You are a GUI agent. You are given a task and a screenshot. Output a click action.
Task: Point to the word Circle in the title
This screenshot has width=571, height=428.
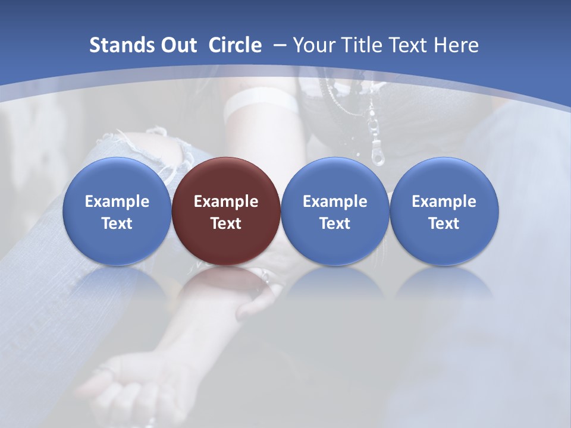pos(235,45)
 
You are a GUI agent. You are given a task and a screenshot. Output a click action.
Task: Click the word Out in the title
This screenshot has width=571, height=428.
pos(177,45)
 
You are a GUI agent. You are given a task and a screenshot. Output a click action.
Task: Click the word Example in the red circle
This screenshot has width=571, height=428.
pos(225,202)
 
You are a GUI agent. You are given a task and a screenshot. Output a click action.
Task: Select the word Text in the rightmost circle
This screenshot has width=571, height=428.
pos(444,224)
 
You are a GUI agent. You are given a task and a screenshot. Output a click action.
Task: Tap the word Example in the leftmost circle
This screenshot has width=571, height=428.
pos(117,202)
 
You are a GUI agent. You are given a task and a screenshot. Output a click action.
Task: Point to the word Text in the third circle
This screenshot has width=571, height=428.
pos(335,224)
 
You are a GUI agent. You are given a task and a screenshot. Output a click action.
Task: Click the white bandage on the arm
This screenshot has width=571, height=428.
pos(262,103)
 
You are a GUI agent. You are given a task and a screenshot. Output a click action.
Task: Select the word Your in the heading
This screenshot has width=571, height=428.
pos(315,45)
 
